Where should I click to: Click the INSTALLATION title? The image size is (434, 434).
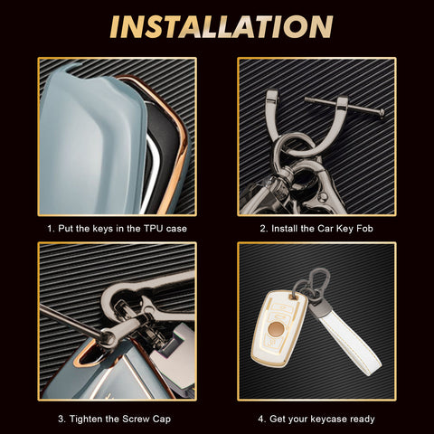[x=222, y=27]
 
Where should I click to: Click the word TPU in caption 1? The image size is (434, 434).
[x=154, y=229]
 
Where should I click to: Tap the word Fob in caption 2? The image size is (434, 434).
[x=364, y=229]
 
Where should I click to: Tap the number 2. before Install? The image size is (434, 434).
[x=264, y=229]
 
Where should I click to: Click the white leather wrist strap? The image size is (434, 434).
[x=346, y=337]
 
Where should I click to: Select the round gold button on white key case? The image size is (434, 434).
[x=276, y=329]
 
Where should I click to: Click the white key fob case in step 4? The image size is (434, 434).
[x=279, y=328]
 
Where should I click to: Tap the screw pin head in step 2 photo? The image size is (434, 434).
[x=382, y=113]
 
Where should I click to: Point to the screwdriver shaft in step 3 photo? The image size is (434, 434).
[x=70, y=320]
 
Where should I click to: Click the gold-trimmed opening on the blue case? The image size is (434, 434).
[x=88, y=355]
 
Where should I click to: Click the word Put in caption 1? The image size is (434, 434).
[x=66, y=229]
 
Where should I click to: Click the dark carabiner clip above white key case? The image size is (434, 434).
[x=320, y=282]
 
